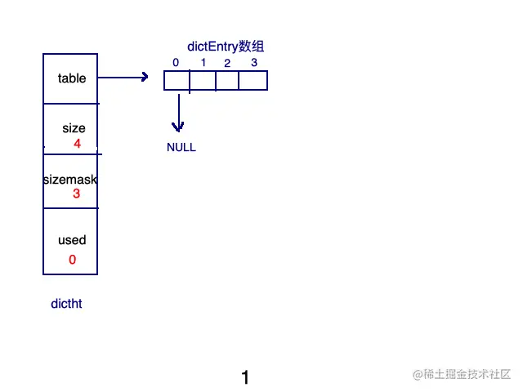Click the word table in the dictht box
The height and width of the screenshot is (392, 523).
tap(72, 78)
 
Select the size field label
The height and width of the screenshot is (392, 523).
tap(74, 128)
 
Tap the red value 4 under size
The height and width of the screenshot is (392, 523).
tap(77, 144)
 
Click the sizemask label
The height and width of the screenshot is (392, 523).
tap(70, 179)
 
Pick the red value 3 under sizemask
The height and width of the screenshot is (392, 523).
tap(76, 194)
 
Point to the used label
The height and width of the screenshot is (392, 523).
tap(72, 240)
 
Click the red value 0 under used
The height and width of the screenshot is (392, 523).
tap(72, 260)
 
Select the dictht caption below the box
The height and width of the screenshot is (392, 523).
tap(66, 304)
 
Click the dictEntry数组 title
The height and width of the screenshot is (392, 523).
tap(226, 47)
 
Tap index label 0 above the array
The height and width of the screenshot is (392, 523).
tap(176, 63)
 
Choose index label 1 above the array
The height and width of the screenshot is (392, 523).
tap(203, 63)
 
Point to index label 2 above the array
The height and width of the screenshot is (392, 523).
tap(227, 64)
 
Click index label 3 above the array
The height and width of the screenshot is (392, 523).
tap(253, 63)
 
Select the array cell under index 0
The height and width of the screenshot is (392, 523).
tap(177, 81)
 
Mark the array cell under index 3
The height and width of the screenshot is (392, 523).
tap(253, 81)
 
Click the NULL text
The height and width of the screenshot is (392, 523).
tap(181, 148)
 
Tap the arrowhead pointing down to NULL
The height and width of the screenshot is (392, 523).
tap(177, 126)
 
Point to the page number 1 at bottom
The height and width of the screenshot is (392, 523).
tap(245, 377)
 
